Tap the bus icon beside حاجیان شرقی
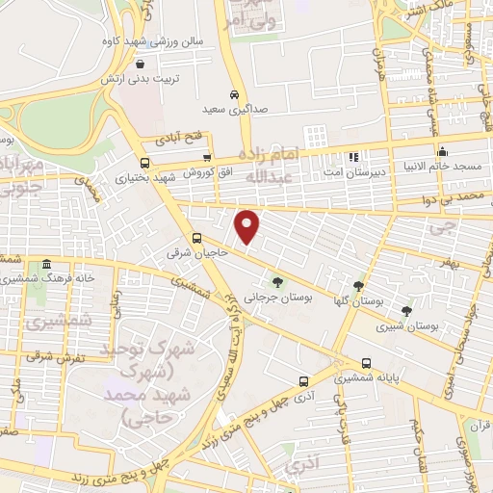click(x=197, y=238)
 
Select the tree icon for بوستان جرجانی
click(x=277, y=282)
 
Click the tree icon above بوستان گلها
click(x=359, y=285)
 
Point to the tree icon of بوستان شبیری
click(x=406, y=310)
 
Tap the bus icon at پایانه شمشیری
click(x=366, y=363)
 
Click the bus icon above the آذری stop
click(x=304, y=381)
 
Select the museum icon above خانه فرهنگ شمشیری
click(x=46, y=265)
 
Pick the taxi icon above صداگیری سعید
click(x=235, y=95)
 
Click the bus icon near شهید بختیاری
click(x=144, y=163)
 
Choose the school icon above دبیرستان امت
click(x=353, y=156)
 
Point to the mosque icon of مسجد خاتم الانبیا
click(x=442, y=152)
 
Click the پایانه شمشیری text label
click(x=363, y=380)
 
